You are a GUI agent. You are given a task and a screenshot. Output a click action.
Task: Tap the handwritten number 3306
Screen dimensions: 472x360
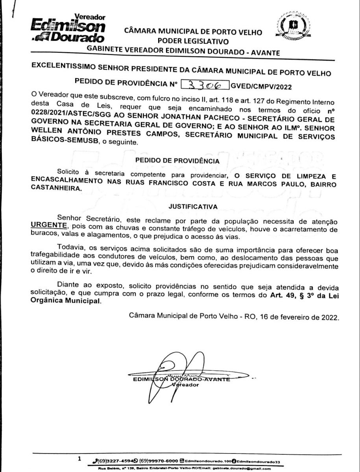pos(204,85)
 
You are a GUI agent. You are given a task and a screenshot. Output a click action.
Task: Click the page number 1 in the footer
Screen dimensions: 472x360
pos(79,459)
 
